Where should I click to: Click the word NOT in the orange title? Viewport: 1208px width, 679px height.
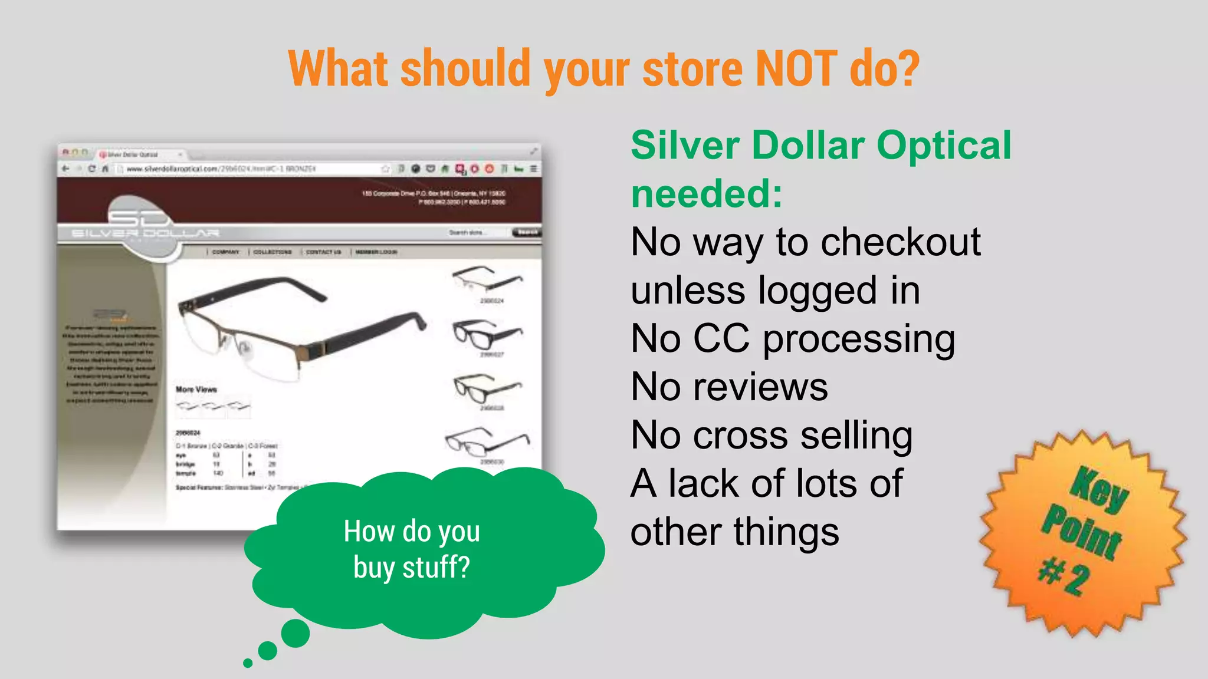click(796, 68)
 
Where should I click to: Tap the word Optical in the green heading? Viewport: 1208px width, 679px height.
click(944, 145)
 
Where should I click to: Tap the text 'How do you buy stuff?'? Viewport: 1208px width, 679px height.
click(412, 549)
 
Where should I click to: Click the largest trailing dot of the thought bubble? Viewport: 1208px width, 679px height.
click(295, 634)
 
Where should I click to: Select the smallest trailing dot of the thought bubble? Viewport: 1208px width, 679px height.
click(248, 663)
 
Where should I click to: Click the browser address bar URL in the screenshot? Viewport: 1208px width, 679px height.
click(221, 169)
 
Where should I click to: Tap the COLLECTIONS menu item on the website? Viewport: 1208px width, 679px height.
click(273, 252)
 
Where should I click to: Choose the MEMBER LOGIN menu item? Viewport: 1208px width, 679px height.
click(376, 252)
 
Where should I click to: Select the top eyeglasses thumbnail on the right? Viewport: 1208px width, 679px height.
click(487, 279)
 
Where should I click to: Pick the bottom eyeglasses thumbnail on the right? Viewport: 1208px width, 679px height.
click(487, 442)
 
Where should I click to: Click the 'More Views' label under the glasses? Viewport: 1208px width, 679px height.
click(196, 390)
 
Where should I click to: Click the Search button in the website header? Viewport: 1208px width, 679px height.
click(526, 232)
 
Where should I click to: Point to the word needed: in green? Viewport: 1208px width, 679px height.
click(707, 194)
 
